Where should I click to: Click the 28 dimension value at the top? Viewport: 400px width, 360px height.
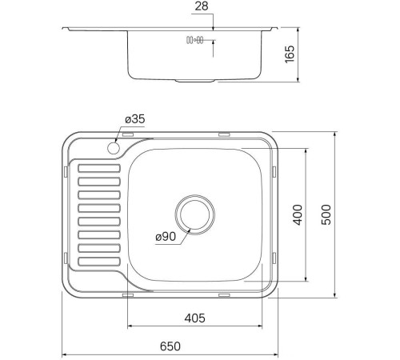201,7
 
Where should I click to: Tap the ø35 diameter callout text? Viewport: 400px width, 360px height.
134,119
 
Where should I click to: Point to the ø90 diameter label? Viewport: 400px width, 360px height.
166,237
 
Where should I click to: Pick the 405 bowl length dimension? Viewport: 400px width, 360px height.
194,318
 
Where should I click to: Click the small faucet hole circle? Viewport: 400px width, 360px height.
113,148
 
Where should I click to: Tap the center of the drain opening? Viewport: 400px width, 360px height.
194,214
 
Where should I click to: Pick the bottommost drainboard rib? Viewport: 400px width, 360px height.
99,261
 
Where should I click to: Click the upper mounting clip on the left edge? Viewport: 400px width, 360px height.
63,171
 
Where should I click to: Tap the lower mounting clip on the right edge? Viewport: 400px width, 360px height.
276,257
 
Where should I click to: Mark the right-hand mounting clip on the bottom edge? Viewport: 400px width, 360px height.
224,295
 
